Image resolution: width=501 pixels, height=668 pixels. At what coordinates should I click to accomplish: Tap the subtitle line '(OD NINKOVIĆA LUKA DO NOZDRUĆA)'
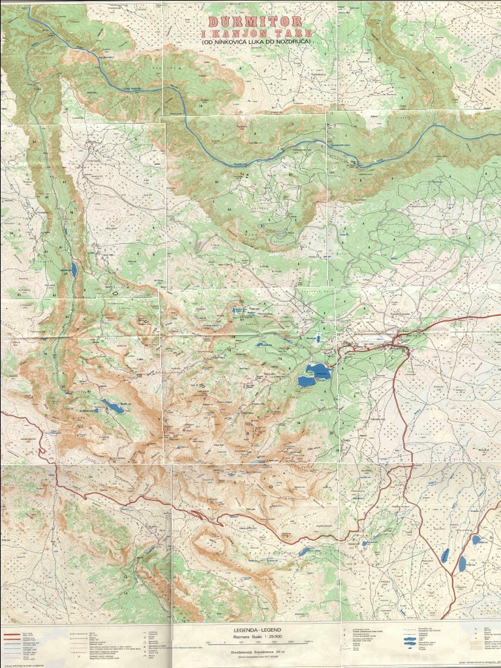point(257,42)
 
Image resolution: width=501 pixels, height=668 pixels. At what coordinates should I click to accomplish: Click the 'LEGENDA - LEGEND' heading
point(257,630)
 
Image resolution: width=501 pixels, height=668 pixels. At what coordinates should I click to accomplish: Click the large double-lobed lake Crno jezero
point(314,375)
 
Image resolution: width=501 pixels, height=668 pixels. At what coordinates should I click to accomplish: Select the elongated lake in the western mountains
point(112,407)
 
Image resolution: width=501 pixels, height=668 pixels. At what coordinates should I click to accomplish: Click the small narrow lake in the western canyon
point(74,269)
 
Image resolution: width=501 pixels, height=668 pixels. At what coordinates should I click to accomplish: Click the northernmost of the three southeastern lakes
point(476,539)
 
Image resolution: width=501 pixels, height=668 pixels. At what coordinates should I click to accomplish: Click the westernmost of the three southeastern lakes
point(445,555)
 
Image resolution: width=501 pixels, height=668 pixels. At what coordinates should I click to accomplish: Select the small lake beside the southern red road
point(304,552)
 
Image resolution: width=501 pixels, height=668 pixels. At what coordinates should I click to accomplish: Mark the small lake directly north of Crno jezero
point(317,339)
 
